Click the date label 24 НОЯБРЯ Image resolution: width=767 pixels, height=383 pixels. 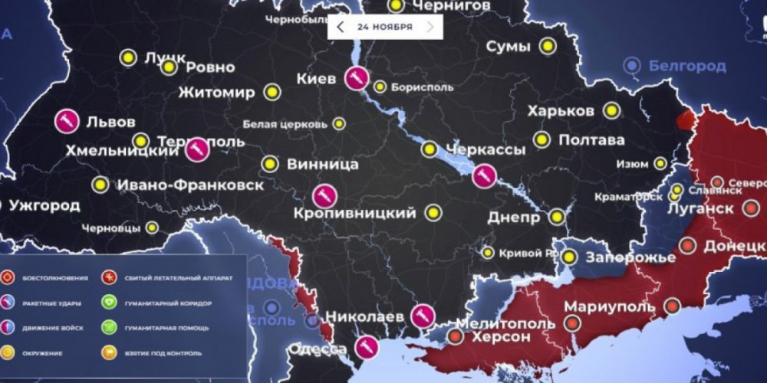pyautogui.click(x=384, y=27)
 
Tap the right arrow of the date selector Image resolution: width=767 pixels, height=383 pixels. pyautogui.click(x=431, y=27)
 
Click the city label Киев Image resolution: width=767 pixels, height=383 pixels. pyautogui.click(x=315, y=79)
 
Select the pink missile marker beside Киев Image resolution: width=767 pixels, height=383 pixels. pyautogui.click(x=356, y=78)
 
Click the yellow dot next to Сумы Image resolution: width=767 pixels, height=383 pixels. pyautogui.click(x=547, y=46)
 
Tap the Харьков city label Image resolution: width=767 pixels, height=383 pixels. pyautogui.click(x=561, y=111)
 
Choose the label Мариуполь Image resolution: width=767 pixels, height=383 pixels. pyautogui.click(x=610, y=306)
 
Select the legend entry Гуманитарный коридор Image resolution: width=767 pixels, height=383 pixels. pyautogui.click(x=168, y=303)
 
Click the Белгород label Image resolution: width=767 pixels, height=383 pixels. pyautogui.click(x=687, y=66)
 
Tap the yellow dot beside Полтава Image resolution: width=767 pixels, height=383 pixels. pyautogui.click(x=542, y=139)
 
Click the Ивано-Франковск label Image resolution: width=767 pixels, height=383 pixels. pyautogui.click(x=189, y=185)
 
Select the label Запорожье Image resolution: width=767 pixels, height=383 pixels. pyautogui.click(x=630, y=257)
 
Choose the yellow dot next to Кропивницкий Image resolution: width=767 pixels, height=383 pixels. pyautogui.click(x=433, y=212)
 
